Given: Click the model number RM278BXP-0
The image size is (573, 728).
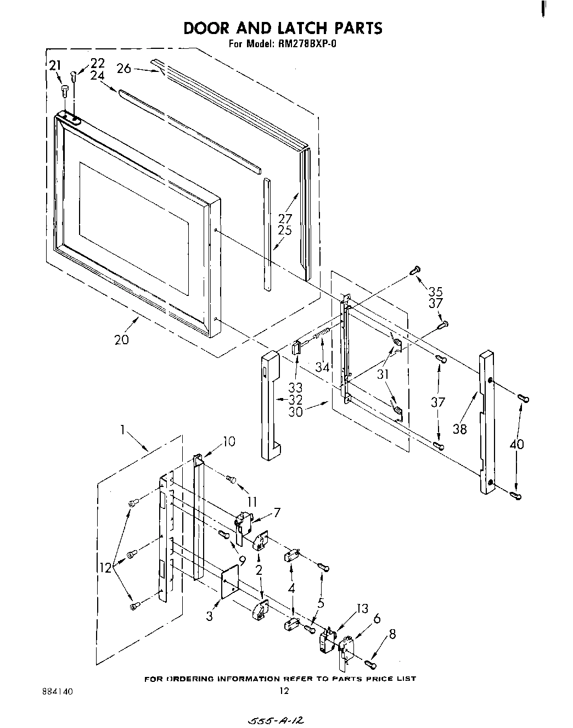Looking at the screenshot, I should click(303, 44).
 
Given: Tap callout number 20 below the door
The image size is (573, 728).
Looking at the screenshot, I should click(122, 339).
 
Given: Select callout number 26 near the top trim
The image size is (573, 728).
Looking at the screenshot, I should click(124, 69).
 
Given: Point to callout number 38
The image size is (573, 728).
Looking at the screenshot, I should click(460, 429).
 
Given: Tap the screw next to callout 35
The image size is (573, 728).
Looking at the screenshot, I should click(415, 270).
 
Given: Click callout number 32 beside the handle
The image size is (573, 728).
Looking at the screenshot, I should click(295, 399).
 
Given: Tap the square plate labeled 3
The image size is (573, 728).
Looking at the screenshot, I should click(231, 583).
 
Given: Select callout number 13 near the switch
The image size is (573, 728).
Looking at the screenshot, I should click(362, 609).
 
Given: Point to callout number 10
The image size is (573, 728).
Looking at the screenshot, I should click(229, 441).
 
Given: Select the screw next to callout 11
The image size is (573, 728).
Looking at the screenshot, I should click(231, 480).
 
